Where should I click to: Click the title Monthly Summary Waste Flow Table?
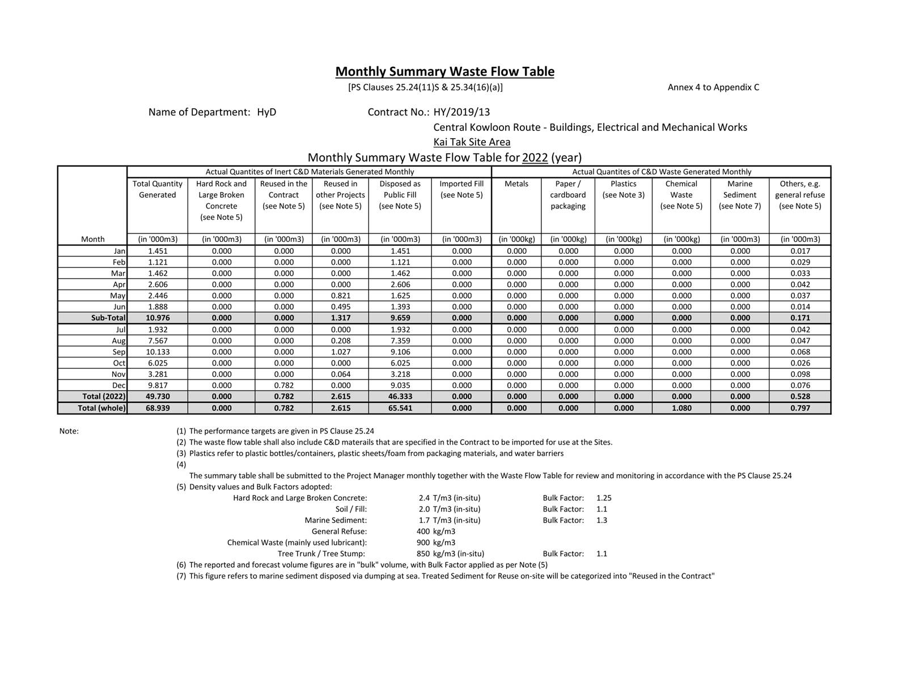click(x=444, y=71)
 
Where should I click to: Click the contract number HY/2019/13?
click(x=461, y=112)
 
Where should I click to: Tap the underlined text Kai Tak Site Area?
click(x=472, y=142)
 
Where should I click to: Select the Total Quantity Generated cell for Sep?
click(x=157, y=351)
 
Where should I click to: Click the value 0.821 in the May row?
click(x=340, y=295)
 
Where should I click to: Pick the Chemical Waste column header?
click(x=681, y=195)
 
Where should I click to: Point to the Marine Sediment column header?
click(x=739, y=195)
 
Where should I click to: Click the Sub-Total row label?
click(x=108, y=318)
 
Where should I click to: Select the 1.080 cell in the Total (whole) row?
click(x=681, y=407)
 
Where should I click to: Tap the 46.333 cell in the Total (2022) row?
click(x=400, y=396)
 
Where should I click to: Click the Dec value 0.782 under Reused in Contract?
click(x=283, y=385)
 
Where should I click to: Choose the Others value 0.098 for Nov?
click(x=800, y=374)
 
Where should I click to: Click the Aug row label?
click(x=118, y=341)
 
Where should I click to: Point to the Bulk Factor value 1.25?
click(x=604, y=498)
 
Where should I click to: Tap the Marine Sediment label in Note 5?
click(x=336, y=520)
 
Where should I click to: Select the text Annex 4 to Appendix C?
click(x=713, y=87)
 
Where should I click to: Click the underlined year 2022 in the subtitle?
click(x=535, y=158)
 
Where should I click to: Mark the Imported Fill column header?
click(x=461, y=189)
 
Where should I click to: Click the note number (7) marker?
click(x=181, y=576)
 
